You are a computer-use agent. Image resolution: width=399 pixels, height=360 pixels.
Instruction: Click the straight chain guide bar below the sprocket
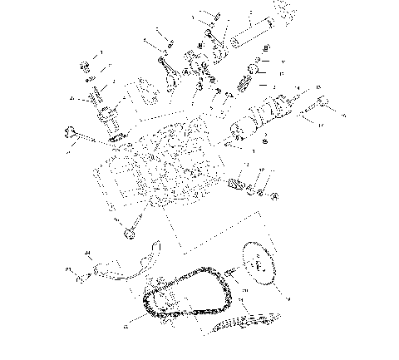(245, 323)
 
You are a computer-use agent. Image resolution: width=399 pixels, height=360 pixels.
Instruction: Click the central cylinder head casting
(158, 166)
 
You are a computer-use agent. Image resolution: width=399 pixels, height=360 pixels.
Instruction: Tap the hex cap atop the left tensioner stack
(86, 67)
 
